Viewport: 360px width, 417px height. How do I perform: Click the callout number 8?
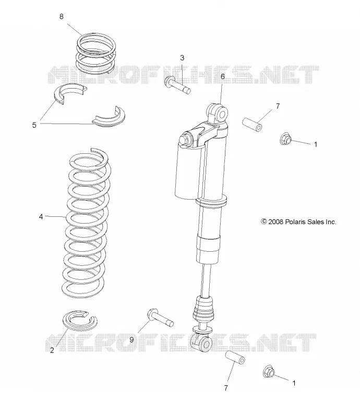[62, 17]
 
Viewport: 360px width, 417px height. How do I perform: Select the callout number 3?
[182, 58]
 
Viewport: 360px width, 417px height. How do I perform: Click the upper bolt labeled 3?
[178, 85]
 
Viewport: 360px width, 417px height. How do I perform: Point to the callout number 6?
[223, 77]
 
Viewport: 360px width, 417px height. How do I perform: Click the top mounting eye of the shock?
[218, 113]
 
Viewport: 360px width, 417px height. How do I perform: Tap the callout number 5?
[34, 125]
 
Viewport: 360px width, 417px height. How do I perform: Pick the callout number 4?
[41, 217]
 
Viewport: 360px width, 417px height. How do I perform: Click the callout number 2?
[52, 350]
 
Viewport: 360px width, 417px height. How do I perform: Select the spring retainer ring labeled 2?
[80, 320]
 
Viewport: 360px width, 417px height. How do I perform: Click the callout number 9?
[131, 340]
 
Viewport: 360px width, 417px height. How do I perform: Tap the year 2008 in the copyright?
[276, 222]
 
